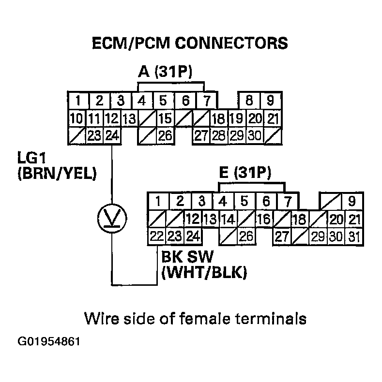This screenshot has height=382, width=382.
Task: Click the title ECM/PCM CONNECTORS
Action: tap(190, 44)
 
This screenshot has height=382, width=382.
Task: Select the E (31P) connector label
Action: tap(245, 173)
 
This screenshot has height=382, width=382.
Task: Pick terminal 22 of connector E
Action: tap(156, 236)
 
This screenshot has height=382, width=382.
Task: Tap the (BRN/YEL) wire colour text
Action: tap(56, 173)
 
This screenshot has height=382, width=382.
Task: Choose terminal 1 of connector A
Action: tap(77, 101)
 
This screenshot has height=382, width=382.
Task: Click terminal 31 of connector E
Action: tap(354, 236)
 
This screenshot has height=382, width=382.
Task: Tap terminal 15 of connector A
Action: tap(165, 118)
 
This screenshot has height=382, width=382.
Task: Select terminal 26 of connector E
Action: tap(246, 236)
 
